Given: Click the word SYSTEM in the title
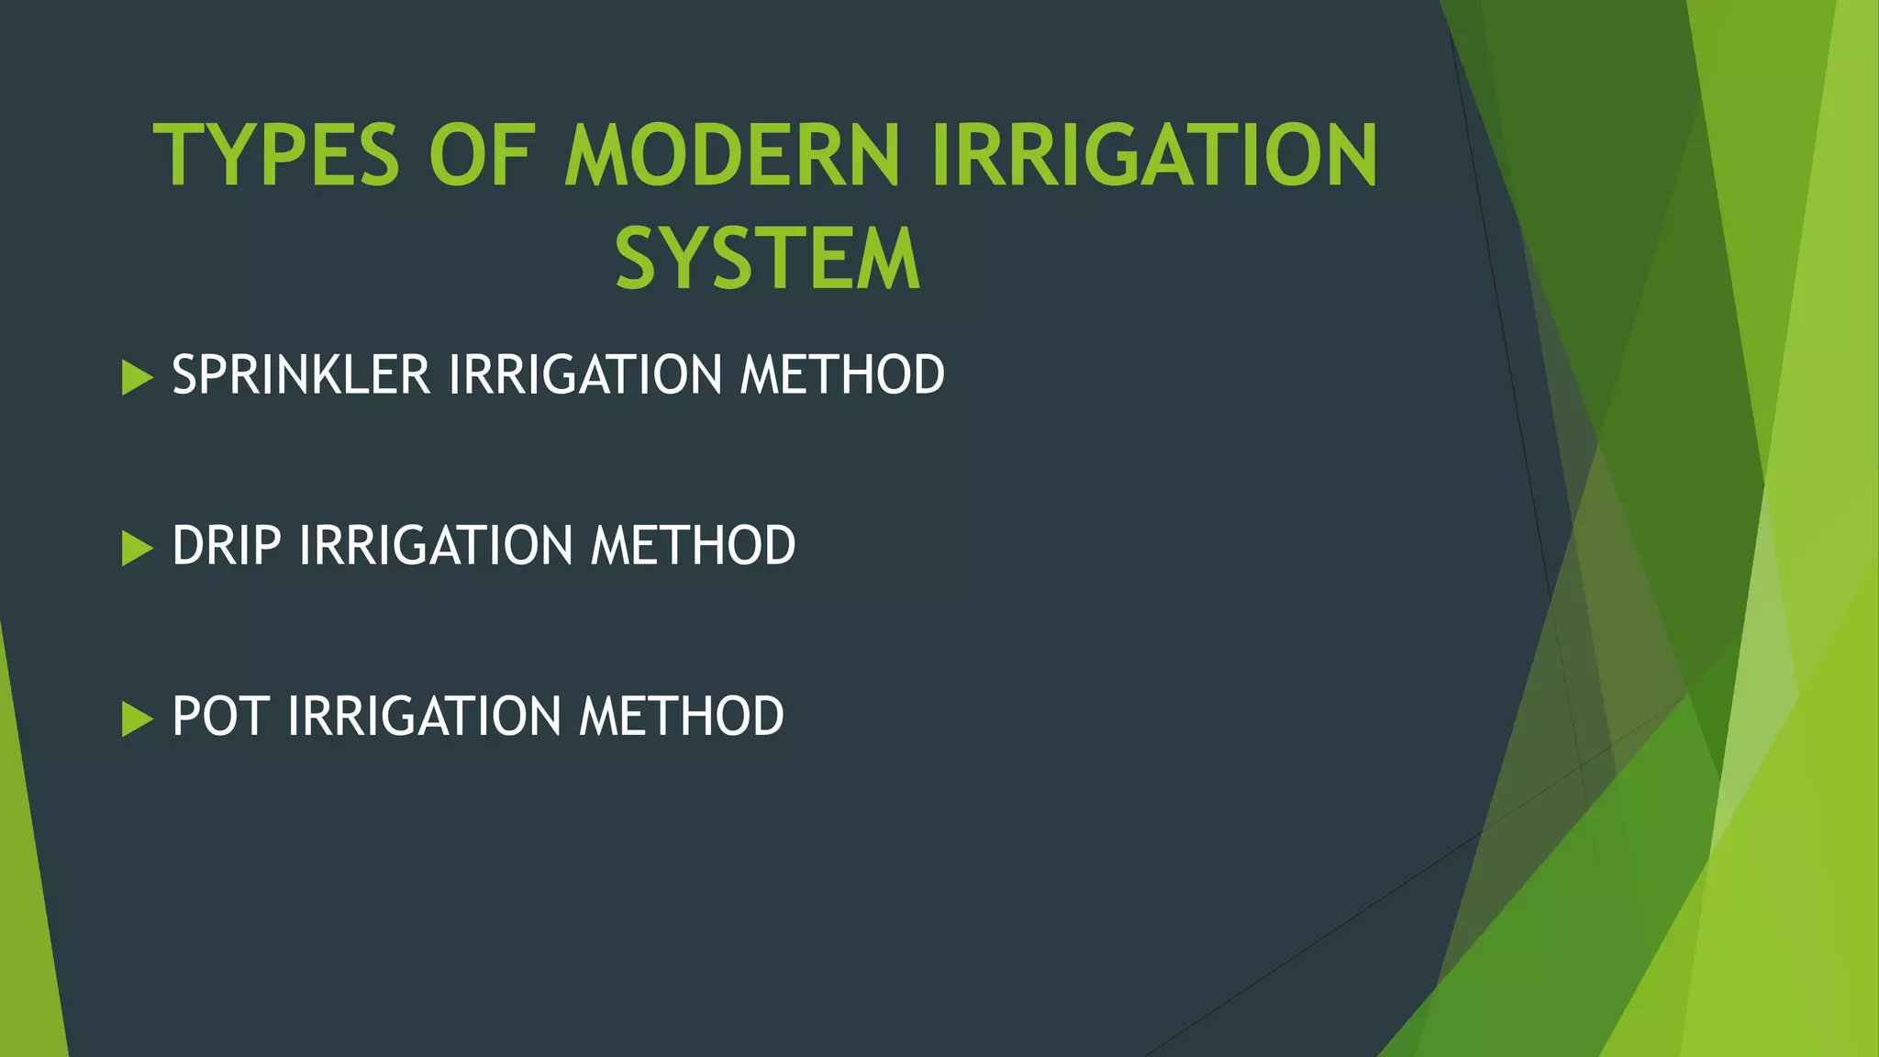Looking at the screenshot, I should point(768,260).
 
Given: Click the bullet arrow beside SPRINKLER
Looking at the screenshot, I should point(136,377).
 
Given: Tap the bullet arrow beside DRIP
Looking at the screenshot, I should point(136,548).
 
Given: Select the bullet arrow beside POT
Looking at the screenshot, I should point(136,718).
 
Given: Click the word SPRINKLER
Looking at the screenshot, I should point(301,375).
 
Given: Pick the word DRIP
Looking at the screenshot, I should point(226,546).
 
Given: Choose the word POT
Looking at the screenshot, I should point(220,717).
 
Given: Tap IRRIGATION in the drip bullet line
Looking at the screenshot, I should point(436,546).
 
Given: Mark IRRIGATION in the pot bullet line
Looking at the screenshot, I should point(424,717).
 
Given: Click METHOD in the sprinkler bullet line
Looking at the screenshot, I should point(842,375).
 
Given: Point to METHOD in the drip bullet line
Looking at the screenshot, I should point(693,546).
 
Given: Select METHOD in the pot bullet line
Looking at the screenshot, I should point(681,717).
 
